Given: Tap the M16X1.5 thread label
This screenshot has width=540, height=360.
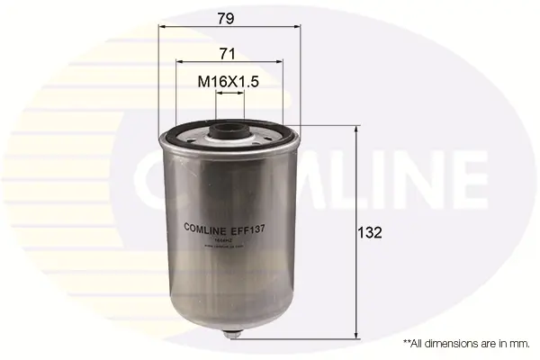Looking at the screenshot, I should tap(229, 82).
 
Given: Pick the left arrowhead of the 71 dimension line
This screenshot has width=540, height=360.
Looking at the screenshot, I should tap(179, 62).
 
